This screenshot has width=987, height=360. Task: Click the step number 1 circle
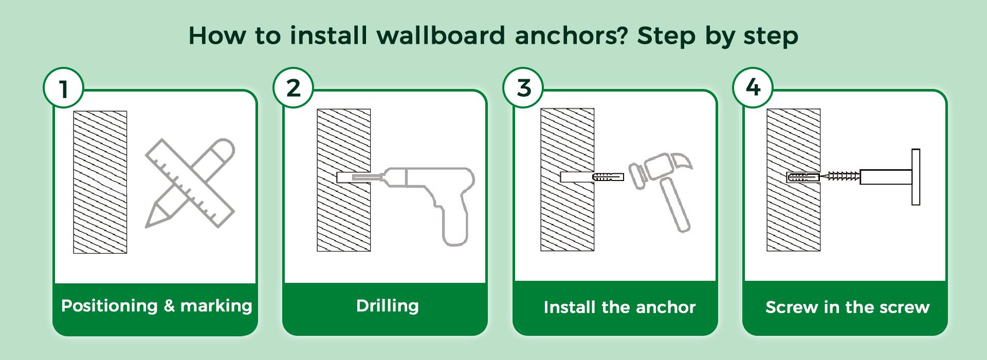[64, 88]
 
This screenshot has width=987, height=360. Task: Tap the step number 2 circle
[294, 88]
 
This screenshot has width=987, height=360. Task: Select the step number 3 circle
[524, 88]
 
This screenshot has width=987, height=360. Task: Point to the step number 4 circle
[753, 88]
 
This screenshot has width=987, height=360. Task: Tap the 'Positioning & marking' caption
[156, 306]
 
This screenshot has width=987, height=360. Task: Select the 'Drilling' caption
[388, 306]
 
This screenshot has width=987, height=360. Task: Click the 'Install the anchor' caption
[619, 308]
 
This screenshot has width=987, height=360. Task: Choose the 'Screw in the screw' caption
[848, 308]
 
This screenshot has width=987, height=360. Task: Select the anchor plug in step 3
[608, 177]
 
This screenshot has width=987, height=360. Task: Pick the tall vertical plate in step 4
[916, 177]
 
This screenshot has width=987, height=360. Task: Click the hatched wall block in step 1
[100, 182]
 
